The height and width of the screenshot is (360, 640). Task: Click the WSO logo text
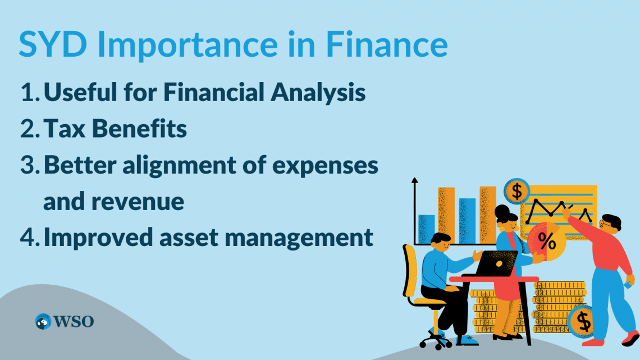(x=74, y=322)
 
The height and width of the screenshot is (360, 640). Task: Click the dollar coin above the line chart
(x=516, y=191)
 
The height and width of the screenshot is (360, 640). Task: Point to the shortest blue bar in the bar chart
(x=427, y=229)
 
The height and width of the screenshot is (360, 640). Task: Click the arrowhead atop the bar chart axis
(x=414, y=181)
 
